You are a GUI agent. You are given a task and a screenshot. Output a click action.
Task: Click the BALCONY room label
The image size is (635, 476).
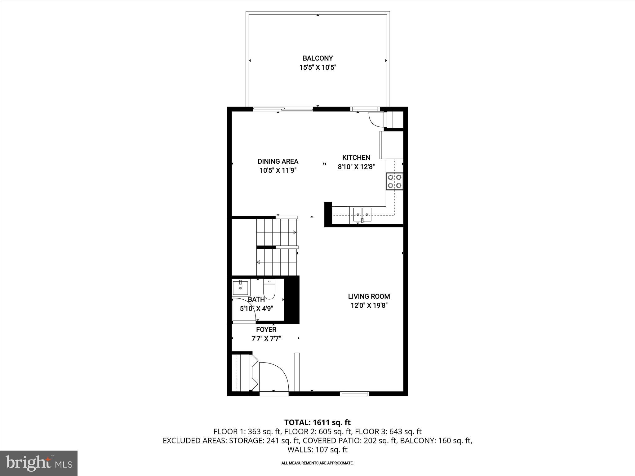tap(317, 58)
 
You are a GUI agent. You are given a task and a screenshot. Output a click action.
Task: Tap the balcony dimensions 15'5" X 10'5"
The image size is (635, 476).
tap(317, 68)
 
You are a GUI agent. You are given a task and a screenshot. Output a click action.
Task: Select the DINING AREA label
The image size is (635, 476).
tap(278, 161)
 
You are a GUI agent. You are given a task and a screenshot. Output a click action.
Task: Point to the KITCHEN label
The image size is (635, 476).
tap(356, 157)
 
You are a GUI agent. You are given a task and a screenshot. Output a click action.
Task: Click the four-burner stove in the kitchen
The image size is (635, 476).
tap(394, 181)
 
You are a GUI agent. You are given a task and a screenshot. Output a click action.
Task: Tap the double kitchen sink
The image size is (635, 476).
tap(362, 214)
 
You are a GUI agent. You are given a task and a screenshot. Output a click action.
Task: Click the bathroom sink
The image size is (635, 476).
tap(241, 288)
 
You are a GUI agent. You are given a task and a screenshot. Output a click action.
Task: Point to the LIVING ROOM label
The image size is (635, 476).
tap(369, 297)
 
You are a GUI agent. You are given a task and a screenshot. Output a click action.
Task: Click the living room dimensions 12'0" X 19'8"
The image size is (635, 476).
tap(369, 306)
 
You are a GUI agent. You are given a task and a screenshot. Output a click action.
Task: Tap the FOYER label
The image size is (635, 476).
tap(266, 330)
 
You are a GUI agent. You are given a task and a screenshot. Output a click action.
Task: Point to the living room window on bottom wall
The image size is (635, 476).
tap(354, 394)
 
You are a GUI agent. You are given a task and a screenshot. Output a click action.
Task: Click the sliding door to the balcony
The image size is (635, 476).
tap(283, 109)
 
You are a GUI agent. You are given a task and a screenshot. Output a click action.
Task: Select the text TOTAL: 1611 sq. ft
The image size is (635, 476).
tap(317, 422)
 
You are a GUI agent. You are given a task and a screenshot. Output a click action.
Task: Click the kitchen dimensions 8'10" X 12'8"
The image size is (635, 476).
tap(356, 167)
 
